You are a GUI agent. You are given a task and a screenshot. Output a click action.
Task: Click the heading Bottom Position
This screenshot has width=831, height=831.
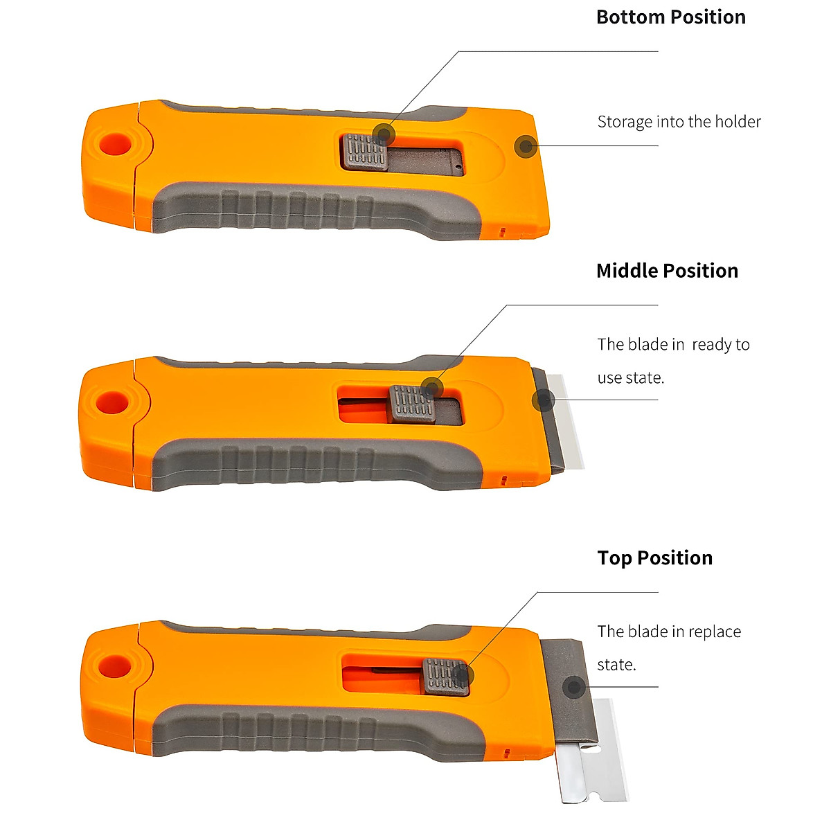[670, 17]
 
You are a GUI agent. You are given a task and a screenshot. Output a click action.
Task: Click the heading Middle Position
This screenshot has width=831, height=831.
[667, 271]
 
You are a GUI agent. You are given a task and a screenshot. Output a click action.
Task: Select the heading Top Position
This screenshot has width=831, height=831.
[654, 557]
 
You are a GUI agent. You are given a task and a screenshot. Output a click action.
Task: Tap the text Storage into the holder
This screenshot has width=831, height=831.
[679, 122]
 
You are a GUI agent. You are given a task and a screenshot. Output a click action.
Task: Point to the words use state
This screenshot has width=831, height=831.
[630, 378]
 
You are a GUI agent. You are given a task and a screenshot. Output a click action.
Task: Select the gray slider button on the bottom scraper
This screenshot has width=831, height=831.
[446, 677]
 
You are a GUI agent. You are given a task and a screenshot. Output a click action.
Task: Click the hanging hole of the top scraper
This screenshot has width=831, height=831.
[116, 144]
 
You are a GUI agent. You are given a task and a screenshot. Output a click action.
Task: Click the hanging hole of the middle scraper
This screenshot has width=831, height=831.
[111, 402]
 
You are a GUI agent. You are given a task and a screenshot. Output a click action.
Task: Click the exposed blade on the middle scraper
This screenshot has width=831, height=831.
[566, 422]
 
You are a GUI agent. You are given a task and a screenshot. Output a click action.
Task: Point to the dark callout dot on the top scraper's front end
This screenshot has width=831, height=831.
[526, 146]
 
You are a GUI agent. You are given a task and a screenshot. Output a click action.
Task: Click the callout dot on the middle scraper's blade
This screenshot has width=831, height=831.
[544, 400]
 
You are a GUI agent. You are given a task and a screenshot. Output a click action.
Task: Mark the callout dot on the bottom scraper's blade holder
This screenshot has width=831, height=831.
[573, 688]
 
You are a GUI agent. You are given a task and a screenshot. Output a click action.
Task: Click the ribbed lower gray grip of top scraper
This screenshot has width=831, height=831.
[312, 208]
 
